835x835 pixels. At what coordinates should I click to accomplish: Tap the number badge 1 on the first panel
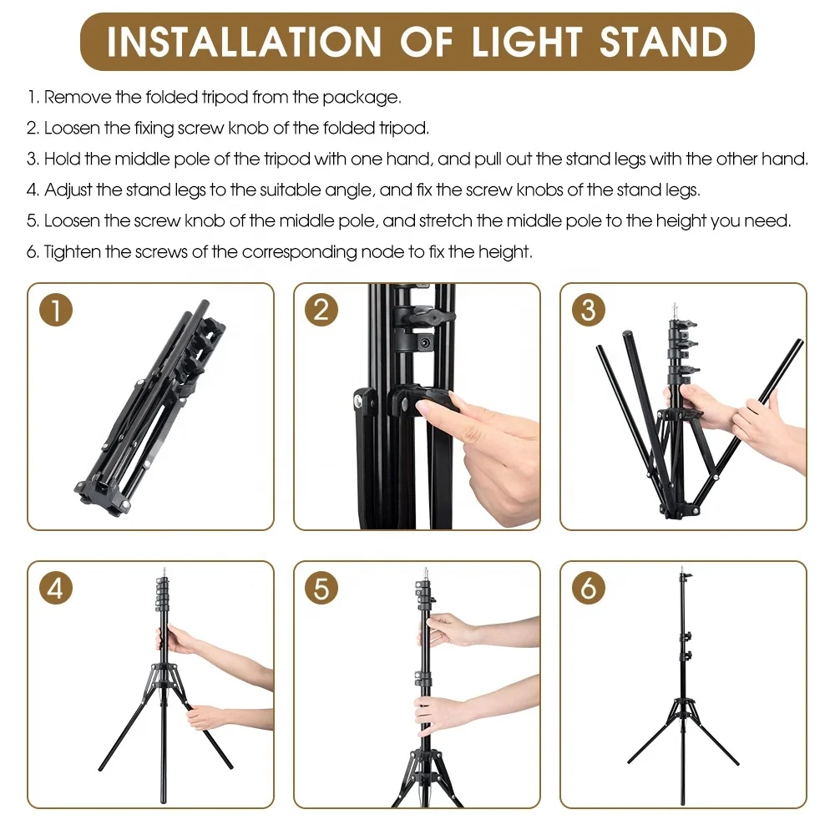point(57,311)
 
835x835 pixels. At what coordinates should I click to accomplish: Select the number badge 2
point(322,311)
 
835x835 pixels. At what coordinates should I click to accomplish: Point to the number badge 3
point(588,311)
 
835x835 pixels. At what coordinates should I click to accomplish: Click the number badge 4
point(57,589)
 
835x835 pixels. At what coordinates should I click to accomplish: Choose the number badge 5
point(322,589)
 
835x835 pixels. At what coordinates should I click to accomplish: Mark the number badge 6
point(588,589)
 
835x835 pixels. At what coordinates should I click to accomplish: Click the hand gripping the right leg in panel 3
point(760,426)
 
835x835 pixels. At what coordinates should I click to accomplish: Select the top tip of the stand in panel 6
point(682,569)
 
